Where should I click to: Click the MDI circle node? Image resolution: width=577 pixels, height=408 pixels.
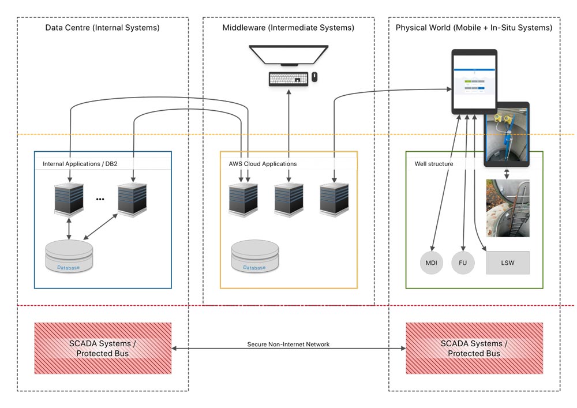[x=432, y=263]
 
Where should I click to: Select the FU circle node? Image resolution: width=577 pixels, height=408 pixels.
[x=463, y=263]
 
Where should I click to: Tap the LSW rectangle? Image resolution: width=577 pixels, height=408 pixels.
[x=508, y=263]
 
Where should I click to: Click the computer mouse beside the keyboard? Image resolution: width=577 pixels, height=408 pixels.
[x=314, y=76]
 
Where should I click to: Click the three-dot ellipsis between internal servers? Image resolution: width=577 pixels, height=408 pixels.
[x=100, y=199]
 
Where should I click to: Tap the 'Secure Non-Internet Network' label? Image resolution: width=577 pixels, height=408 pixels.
[x=288, y=345]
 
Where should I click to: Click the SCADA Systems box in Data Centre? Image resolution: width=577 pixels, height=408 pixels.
[x=103, y=348]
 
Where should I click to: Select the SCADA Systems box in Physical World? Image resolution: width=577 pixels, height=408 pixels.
[x=474, y=348]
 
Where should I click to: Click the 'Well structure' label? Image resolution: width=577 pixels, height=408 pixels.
[x=434, y=164]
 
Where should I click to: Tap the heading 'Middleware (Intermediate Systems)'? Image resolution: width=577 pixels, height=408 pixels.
[x=288, y=28]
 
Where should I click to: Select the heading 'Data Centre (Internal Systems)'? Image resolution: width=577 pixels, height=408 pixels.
[x=102, y=28]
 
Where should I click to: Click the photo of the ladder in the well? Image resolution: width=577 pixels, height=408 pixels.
[x=508, y=208]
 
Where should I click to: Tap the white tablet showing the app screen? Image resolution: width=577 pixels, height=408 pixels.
[x=474, y=81]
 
